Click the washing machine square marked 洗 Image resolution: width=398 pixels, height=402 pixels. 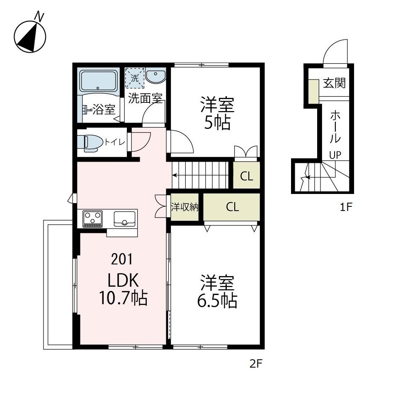point(135,77)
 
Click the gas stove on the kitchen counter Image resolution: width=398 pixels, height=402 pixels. point(93,218)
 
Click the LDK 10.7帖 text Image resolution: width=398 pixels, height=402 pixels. point(123,290)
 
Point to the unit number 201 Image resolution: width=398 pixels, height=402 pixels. point(122,259)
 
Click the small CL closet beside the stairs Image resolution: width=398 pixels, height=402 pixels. point(247,177)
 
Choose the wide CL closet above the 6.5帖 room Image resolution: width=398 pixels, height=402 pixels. point(233,207)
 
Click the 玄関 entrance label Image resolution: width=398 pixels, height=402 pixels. point(334,83)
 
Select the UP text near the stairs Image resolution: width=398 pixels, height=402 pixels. point(335,155)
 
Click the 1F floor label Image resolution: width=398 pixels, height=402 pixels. point(346,208)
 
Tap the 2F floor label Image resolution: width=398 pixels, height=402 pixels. point(256,364)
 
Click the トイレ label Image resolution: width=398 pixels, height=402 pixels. point(114,142)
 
